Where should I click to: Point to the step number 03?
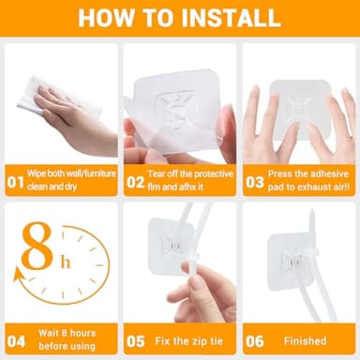(255, 183)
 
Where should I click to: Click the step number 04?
(16, 341)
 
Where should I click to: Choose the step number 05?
(136, 341)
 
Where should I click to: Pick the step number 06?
(255, 341)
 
